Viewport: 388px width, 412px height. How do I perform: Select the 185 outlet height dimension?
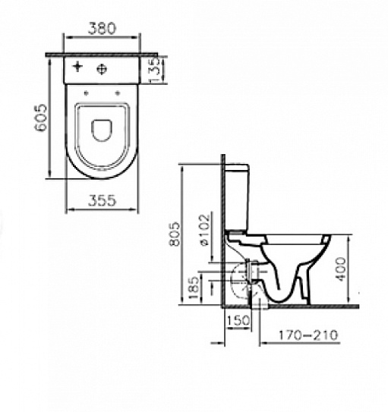pos(194,286)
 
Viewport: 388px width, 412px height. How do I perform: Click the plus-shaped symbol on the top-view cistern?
pos(77,68)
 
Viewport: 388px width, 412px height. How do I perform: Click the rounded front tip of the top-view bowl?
pos(102,177)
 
